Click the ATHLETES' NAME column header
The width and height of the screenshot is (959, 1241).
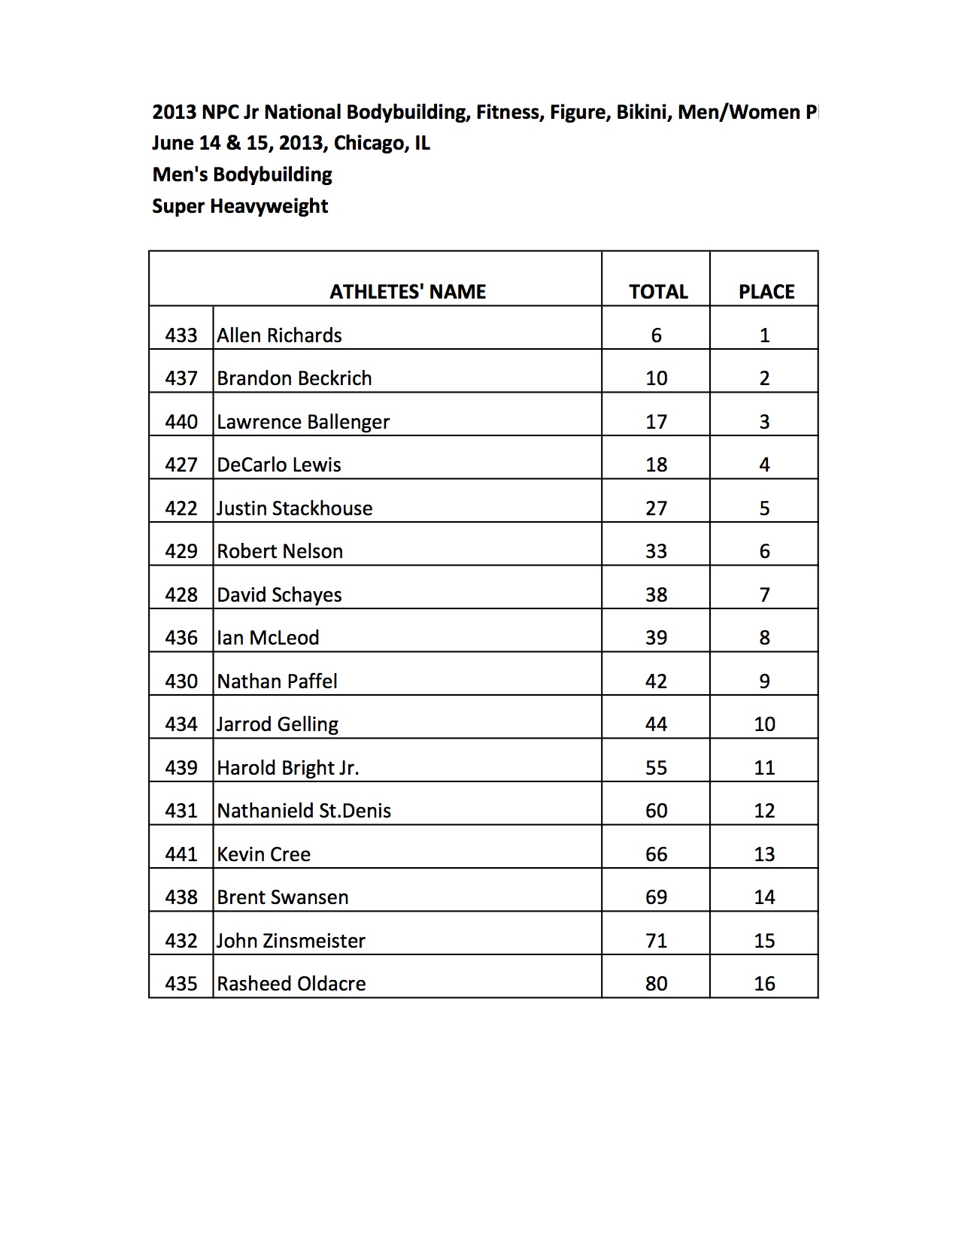tap(408, 292)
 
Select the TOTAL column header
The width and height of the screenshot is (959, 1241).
tap(658, 292)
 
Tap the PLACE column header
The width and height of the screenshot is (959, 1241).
tap(766, 292)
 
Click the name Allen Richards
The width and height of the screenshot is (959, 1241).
tap(279, 335)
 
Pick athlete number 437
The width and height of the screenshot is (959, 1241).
tap(181, 378)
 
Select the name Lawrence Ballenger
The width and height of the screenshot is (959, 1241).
tap(303, 422)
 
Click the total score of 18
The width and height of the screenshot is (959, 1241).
tap(656, 465)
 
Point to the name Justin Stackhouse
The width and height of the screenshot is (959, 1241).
tap(294, 508)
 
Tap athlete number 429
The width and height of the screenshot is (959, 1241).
tap(181, 551)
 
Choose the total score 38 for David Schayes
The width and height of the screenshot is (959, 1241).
tap(656, 595)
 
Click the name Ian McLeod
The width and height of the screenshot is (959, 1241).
tap(268, 638)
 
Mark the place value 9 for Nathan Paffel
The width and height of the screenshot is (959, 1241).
tap(764, 681)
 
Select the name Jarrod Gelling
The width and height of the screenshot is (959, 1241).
tap(278, 724)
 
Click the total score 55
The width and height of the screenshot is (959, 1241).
tap(656, 768)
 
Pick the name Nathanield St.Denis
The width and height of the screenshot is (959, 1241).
tap(304, 811)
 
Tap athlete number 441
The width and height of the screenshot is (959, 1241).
tap(181, 854)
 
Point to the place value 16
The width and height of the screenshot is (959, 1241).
tap(764, 984)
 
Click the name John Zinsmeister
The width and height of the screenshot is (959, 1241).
tap(291, 941)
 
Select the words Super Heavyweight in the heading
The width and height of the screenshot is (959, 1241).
tap(240, 206)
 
